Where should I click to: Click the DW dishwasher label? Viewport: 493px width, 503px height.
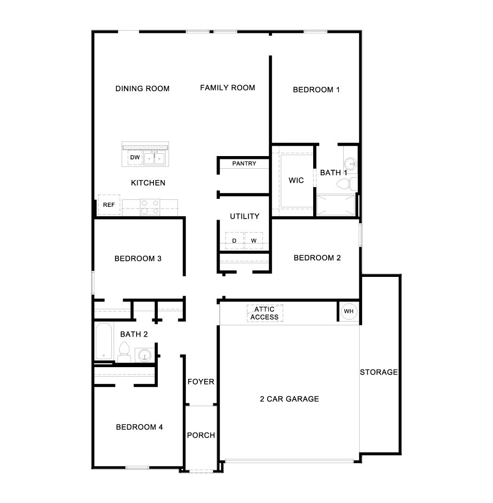coord(135,157)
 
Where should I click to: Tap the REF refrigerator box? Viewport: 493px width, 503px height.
coord(109,205)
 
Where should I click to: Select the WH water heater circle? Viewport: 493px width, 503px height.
coord(348,311)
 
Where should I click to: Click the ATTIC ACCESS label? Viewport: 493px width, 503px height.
coord(265,314)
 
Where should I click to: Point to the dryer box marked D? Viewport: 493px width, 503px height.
coord(234,241)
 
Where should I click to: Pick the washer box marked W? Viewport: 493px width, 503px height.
coord(254,241)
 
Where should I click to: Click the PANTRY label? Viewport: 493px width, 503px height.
coord(244,164)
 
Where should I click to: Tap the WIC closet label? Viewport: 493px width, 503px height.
coord(296,181)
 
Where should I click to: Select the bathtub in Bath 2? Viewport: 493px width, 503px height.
coord(104,341)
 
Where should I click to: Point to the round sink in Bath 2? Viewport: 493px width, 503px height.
coord(144,354)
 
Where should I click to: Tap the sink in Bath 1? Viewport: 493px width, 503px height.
coord(350,164)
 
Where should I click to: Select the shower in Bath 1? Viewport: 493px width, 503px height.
coord(336,205)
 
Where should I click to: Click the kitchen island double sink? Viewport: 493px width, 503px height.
coord(154,158)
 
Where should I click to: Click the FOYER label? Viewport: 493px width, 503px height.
coord(201,382)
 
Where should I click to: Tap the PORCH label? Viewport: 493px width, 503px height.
coord(201,435)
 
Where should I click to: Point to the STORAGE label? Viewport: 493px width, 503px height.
coord(379,372)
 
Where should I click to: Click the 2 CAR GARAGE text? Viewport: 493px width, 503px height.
coord(289,399)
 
